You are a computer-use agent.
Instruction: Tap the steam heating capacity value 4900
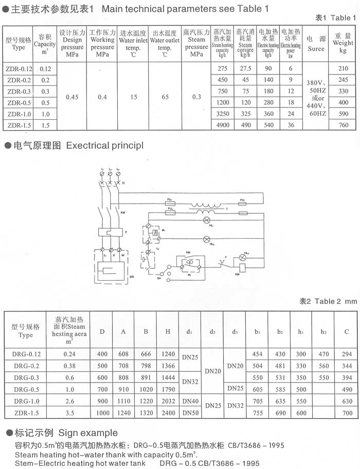pos(222,125)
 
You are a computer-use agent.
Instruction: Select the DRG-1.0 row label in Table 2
pos(25,402)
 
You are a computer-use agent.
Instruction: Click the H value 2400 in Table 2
pos(168,413)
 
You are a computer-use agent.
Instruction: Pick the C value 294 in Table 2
pos(347,354)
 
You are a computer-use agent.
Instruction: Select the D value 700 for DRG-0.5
pos(102,389)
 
